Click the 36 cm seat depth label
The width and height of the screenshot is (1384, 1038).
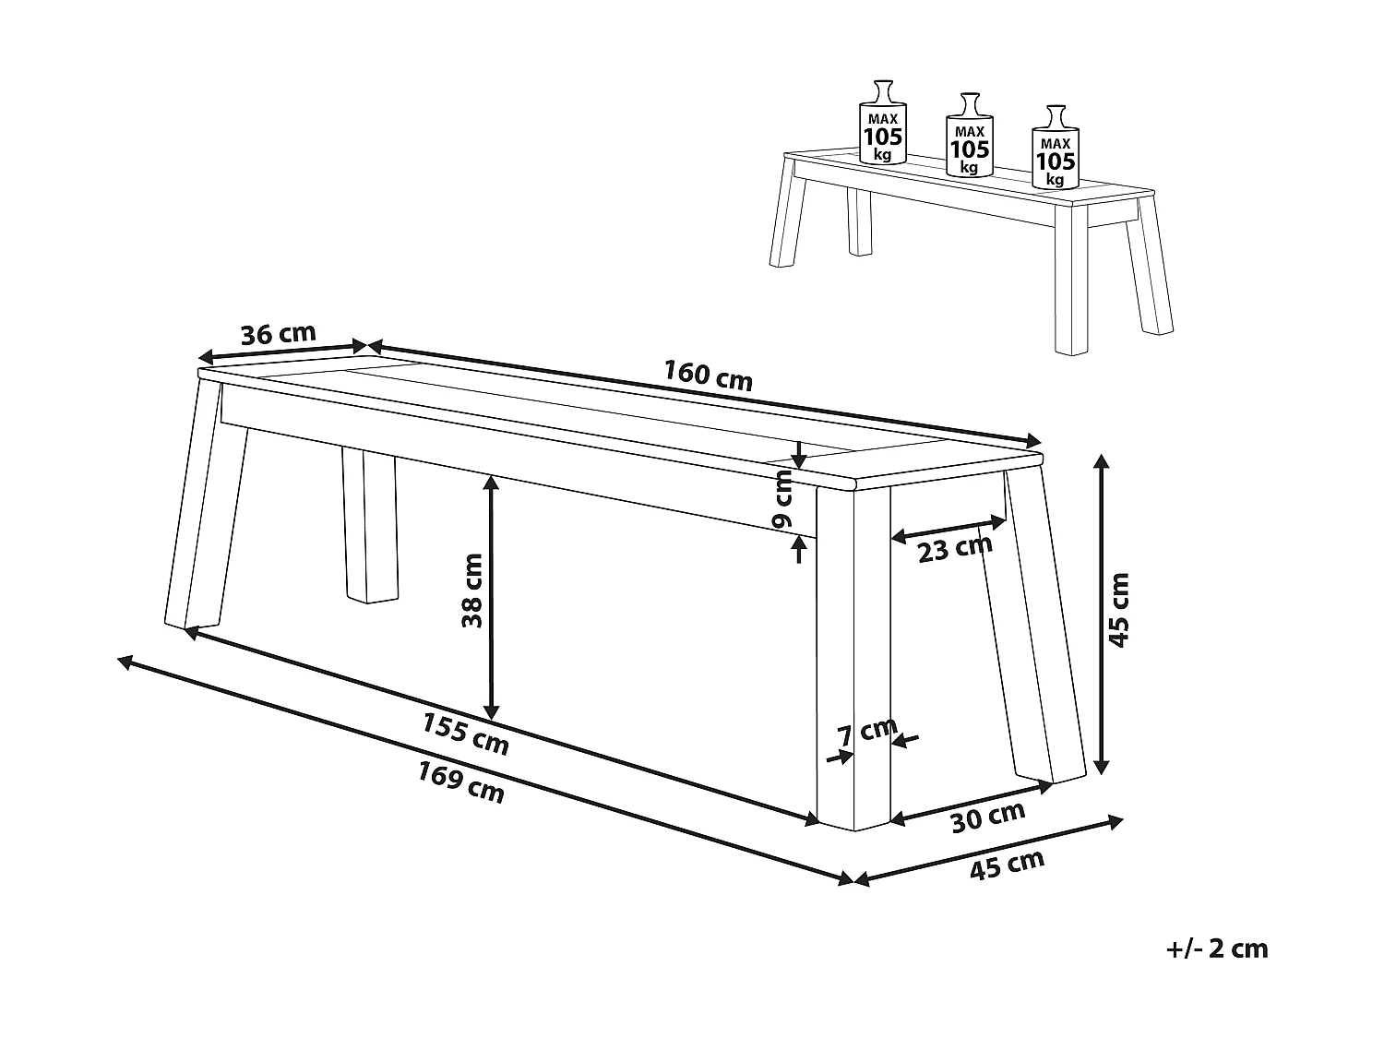tap(278, 333)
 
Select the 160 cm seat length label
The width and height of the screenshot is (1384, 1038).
tap(708, 376)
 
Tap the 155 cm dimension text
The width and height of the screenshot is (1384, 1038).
tap(465, 734)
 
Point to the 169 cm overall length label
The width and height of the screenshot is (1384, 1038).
tap(461, 782)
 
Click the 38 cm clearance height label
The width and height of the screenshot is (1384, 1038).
tap(472, 591)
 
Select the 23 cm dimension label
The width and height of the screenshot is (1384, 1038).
tap(955, 548)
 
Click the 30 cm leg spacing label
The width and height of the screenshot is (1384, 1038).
tap(988, 817)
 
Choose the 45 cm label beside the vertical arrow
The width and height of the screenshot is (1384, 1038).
tap(1118, 610)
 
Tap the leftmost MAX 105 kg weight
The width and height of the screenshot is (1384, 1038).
tap(883, 122)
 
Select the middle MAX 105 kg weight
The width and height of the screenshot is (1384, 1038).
tap(969, 135)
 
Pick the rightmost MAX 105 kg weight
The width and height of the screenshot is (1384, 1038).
tap(1055, 147)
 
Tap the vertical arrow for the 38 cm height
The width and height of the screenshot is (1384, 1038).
tap(492, 598)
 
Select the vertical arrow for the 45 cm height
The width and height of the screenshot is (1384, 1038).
tap(1101, 614)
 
